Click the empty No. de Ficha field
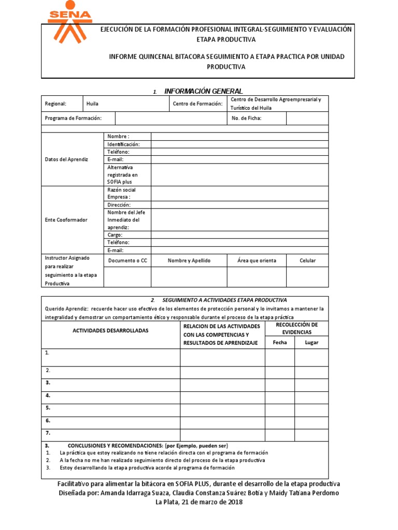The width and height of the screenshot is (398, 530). click(x=307, y=118)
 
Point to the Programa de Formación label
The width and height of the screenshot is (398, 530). click(x=73, y=118)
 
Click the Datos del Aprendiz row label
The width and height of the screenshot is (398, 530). click(x=67, y=159)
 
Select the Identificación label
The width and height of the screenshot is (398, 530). click(x=123, y=144)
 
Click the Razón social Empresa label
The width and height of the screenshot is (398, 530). click(x=122, y=194)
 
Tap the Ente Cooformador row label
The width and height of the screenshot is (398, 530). click(x=66, y=220)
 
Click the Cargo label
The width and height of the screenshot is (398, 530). click(x=115, y=234)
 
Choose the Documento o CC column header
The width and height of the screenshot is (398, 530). click(x=127, y=260)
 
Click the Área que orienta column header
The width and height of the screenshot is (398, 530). click(x=257, y=260)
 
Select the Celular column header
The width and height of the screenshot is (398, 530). click(x=307, y=260)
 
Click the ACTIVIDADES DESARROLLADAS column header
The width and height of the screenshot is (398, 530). click(x=111, y=330)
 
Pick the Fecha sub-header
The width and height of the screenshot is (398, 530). click(x=279, y=342)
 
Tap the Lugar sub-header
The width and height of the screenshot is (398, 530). click(x=311, y=342)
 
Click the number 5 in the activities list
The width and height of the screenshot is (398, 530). click(x=48, y=407)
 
